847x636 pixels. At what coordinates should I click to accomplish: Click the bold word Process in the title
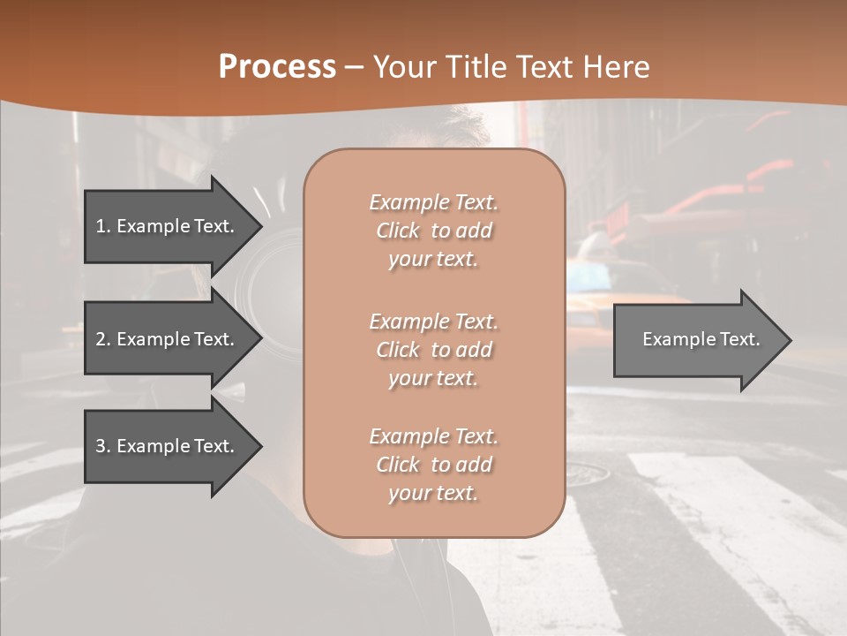(277, 67)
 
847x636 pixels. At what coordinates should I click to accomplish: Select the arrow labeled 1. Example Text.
(166, 226)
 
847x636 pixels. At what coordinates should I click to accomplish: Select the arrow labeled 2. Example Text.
(166, 339)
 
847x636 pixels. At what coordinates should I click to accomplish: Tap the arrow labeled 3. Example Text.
(166, 446)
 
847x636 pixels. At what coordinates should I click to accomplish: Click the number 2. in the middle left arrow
(103, 339)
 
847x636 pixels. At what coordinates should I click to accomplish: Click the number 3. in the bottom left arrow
(103, 446)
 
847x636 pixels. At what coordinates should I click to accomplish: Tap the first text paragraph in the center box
(433, 231)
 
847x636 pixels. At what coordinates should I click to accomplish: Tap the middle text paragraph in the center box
(433, 349)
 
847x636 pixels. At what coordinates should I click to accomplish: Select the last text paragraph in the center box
(433, 465)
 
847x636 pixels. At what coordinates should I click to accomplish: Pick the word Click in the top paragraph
(398, 231)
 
